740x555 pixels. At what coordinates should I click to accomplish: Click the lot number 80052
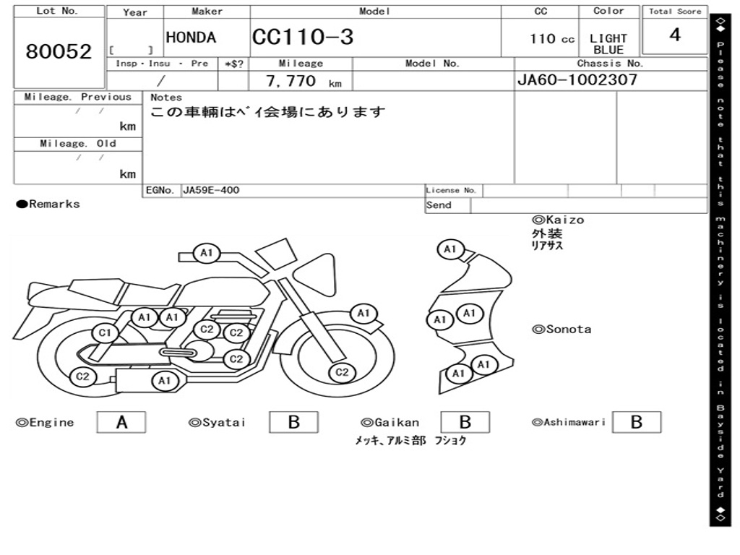(59, 51)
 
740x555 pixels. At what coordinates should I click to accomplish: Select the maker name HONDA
(191, 38)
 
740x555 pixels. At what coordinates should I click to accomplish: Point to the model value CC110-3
(303, 37)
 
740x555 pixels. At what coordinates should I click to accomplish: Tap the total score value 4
(674, 35)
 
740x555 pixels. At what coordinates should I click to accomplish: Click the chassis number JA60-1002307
(577, 79)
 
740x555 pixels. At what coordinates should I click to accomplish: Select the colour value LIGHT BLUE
(608, 44)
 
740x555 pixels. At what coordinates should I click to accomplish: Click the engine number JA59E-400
(211, 190)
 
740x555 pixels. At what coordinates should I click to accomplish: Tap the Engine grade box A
(121, 422)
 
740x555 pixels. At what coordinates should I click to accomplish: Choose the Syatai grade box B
(293, 422)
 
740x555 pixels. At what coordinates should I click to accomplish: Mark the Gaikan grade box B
(465, 422)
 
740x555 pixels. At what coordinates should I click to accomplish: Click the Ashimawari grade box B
(636, 422)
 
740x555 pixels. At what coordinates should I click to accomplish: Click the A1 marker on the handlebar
(207, 252)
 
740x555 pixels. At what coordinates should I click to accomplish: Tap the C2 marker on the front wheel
(342, 372)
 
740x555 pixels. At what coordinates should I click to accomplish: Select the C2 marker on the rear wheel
(83, 376)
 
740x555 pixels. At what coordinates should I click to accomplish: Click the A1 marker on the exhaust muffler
(165, 380)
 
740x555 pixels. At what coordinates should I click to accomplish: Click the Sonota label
(568, 330)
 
